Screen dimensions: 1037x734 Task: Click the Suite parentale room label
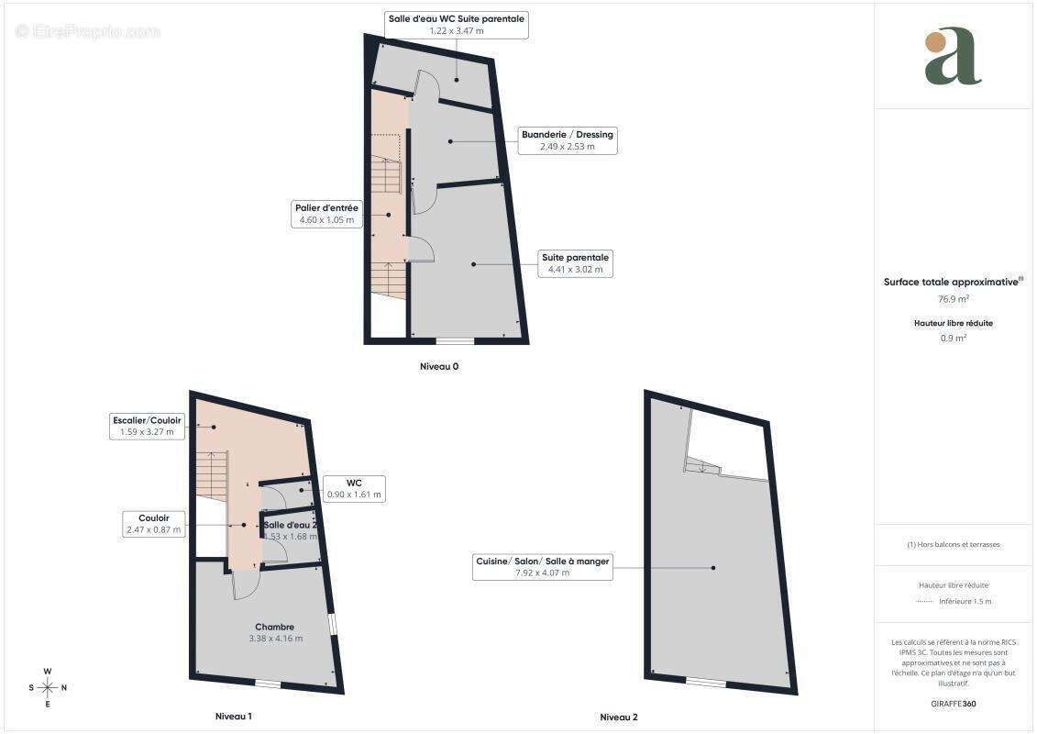[575, 263]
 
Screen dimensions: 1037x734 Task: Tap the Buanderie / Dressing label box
[568, 140]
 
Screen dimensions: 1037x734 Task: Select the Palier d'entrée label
[326, 214]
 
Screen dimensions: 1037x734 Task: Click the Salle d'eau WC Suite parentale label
[457, 25]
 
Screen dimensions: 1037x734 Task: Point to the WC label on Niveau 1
[354, 488]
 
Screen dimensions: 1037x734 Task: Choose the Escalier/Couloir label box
[147, 426]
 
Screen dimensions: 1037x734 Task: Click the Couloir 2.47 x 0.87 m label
[153, 524]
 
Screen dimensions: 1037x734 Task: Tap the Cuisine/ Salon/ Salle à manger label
[542, 566]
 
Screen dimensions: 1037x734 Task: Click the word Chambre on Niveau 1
[274, 627]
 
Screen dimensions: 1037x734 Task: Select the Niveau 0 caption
[439, 367]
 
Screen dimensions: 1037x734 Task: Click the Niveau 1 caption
[234, 717]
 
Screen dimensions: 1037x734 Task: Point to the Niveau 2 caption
[619, 717]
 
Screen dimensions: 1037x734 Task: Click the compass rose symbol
[48, 688]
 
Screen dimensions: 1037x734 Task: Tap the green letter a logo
[953, 56]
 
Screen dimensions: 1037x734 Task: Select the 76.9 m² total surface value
[954, 299]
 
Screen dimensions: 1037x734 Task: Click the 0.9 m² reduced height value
[954, 338]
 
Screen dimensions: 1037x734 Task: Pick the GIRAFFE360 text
[953, 704]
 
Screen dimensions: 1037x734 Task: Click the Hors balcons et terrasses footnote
[954, 545]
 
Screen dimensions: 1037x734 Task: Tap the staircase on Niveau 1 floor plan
[212, 472]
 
